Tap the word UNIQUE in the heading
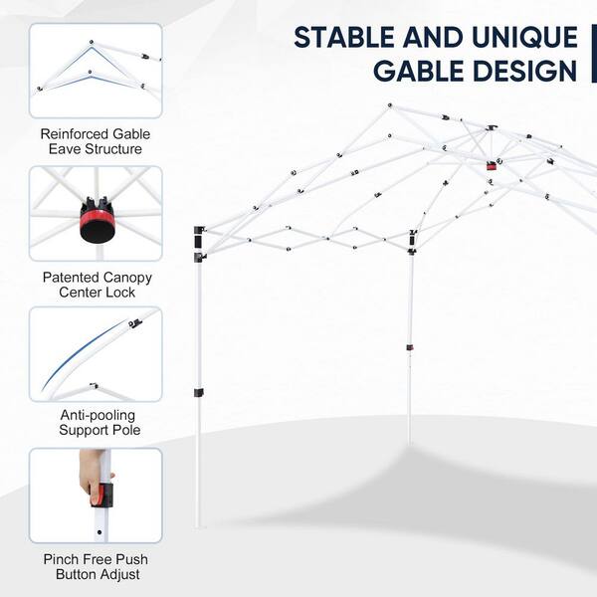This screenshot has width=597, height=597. tap(525, 38)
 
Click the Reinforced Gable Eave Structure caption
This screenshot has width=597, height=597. tap(96, 141)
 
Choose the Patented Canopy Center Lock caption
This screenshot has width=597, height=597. tap(98, 285)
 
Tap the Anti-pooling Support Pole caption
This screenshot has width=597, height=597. tap(99, 422)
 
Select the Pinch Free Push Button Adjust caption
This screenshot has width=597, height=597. tap(96, 566)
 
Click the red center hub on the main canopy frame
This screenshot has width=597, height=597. tap(492, 166)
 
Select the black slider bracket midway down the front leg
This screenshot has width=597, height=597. tap(198, 392)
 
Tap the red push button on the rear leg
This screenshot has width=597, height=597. tap(410, 348)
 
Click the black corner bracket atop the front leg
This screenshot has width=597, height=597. tap(199, 244)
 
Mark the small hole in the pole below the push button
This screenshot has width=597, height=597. tap(99, 532)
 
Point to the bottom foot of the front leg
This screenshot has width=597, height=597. tap(199, 525)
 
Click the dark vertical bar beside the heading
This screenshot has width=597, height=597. tap(594, 54)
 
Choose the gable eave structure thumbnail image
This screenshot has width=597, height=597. tap(96, 71)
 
